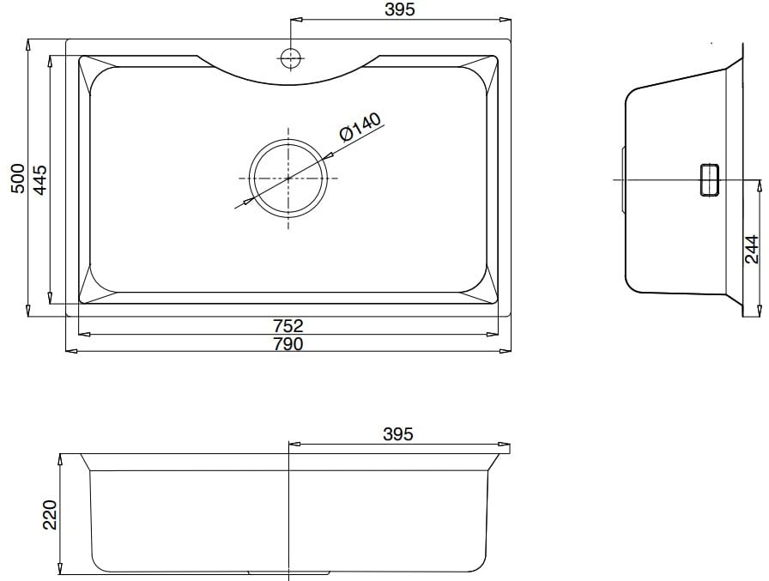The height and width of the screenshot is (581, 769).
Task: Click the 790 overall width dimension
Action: click(x=288, y=344)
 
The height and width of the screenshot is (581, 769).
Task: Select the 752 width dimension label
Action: click(x=288, y=326)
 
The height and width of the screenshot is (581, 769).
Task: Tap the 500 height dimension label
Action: click(x=18, y=179)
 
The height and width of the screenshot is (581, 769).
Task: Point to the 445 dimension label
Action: click(x=39, y=180)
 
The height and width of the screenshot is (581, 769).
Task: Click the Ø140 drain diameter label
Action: click(x=360, y=128)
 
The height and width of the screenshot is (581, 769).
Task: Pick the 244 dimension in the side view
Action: click(x=752, y=249)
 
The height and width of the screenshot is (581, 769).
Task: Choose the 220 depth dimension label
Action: click(x=51, y=515)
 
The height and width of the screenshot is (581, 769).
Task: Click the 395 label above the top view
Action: click(x=400, y=9)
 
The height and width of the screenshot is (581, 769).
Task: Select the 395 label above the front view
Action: click(x=398, y=434)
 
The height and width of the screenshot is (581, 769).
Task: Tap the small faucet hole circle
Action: click(x=291, y=58)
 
